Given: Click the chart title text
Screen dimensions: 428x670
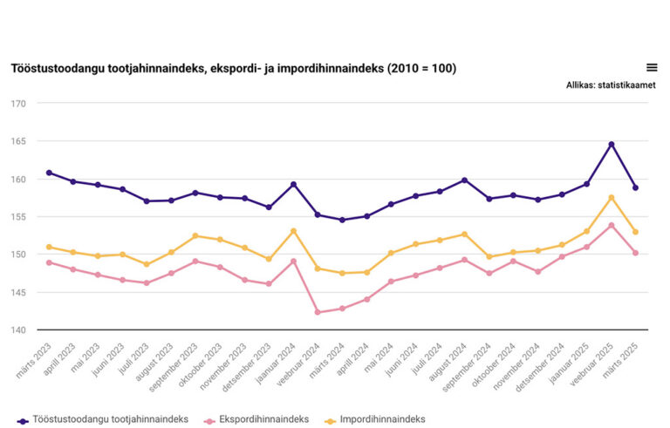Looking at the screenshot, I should click(x=233, y=68).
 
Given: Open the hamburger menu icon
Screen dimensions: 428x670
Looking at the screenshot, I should click(x=651, y=67).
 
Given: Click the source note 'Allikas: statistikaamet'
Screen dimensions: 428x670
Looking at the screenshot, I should click(x=611, y=85).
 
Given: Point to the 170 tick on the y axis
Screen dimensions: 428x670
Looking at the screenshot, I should click(x=18, y=104).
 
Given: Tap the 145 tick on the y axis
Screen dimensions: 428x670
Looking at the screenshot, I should click(x=18, y=292).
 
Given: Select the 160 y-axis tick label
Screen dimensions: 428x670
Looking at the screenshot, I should click(x=18, y=180).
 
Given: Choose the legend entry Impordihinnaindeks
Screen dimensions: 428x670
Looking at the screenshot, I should click(x=379, y=419).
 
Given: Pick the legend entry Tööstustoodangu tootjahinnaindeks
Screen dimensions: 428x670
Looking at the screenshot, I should click(x=110, y=419).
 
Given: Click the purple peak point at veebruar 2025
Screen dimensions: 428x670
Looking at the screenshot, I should click(x=612, y=144).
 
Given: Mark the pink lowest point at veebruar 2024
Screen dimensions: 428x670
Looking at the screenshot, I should click(x=318, y=312).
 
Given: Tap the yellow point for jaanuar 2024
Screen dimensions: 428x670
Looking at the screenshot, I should click(x=293, y=231).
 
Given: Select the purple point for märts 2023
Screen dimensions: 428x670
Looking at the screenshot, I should click(x=49, y=173).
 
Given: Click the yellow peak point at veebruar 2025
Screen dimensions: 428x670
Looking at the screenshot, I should click(x=612, y=197).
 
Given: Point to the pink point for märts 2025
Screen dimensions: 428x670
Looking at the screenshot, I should click(x=636, y=253).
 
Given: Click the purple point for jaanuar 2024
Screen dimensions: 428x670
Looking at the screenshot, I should click(x=293, y=184).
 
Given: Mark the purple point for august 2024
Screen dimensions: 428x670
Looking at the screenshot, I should click(x=465, y=180).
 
